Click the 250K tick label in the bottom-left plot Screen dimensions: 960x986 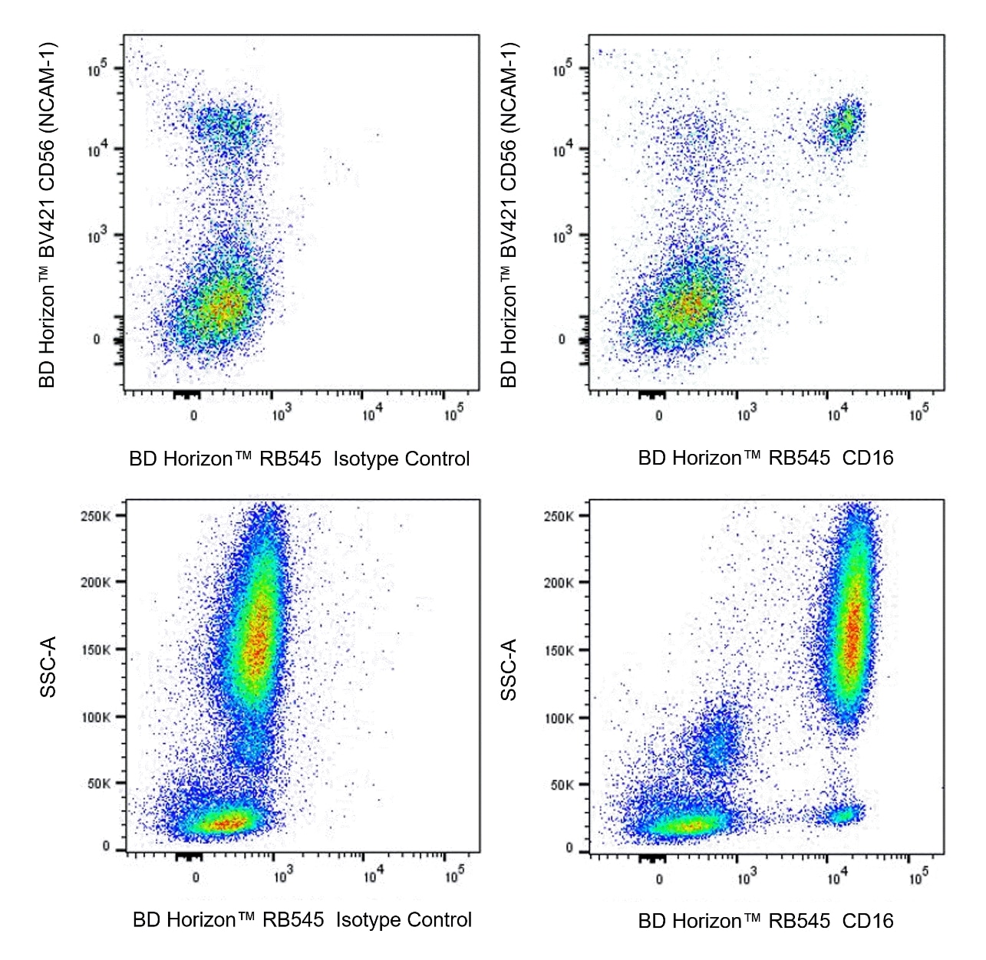[95, 516]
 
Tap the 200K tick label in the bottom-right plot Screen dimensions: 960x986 [559, 583]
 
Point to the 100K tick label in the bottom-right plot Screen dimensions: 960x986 [559, 718]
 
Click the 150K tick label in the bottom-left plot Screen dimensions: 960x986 [95, 650]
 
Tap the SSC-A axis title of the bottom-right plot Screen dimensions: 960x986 [509, 669]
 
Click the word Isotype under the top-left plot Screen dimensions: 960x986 [365, 459]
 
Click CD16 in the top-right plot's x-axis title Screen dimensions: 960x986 [868, 459]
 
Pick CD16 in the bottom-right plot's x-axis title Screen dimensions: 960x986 [868, 921]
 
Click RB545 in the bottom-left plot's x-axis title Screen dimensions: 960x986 [293, 920]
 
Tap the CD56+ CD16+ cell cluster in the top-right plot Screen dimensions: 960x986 [843, 124]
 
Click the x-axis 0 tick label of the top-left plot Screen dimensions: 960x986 [193, 416]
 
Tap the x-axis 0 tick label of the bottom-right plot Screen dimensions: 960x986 [659, 879]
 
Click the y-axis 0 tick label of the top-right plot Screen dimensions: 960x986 [562, 340]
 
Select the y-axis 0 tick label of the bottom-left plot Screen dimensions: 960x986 [107, 846]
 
